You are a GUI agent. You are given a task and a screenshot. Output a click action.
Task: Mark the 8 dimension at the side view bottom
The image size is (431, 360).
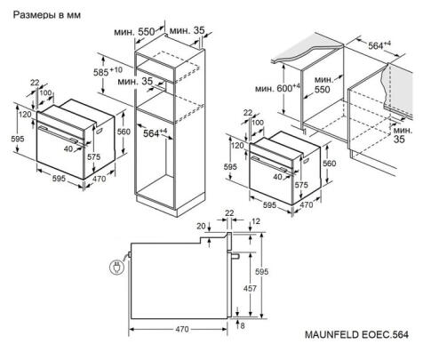point(241,326)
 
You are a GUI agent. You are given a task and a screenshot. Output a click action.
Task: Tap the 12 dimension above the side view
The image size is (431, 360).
point(257,221)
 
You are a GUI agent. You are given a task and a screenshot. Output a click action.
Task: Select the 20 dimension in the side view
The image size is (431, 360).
point(201,225)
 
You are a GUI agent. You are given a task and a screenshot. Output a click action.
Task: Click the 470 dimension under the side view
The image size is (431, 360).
point(181,328)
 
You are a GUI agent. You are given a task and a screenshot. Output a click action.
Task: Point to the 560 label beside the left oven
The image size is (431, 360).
point(124,132)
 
